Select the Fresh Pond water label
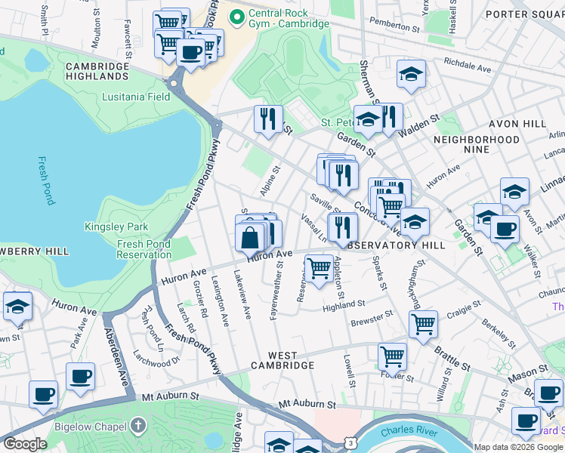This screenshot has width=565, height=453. click(x=46, y=181)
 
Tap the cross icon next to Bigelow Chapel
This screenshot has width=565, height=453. click(x=137, y=425)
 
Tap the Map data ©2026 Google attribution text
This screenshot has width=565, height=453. click(x=517, y=447)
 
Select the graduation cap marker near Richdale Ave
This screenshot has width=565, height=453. click(x=411, y=74)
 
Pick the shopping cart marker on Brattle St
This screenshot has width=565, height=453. click(x=423, y=324)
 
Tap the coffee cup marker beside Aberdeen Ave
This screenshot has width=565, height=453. click(x=79, y=376)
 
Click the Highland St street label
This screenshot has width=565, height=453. click(x=344, y=305)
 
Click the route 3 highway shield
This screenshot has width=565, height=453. click(x=350, y=439)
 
